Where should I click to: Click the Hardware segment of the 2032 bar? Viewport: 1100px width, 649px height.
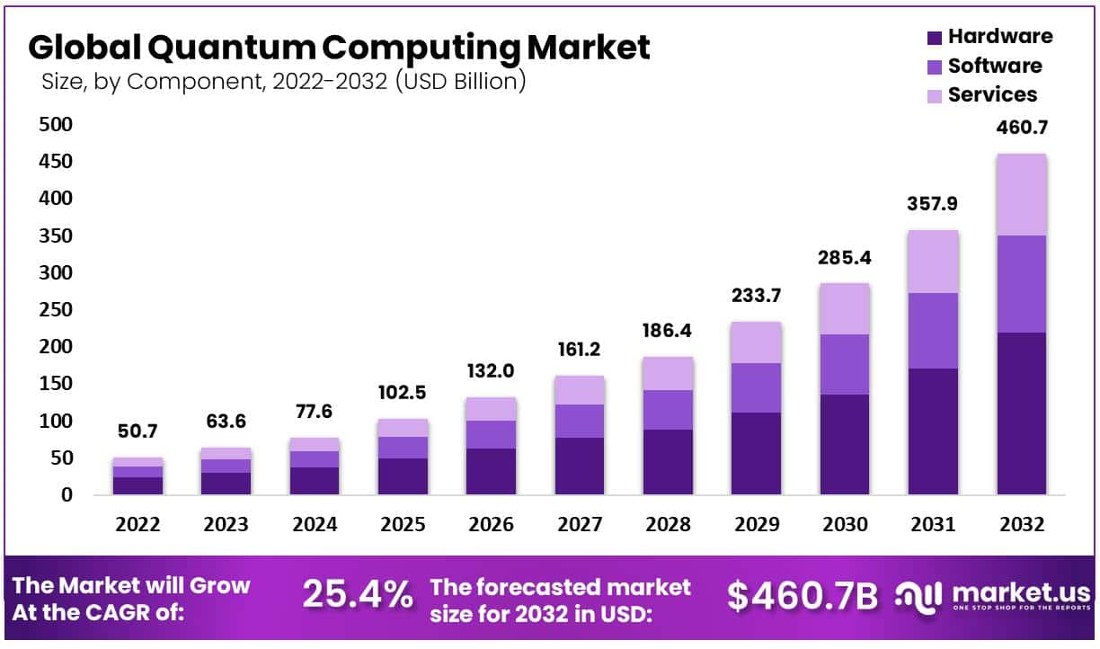[x=1021, y=413]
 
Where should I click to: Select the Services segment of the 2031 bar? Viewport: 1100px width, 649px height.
[x=933, y=262]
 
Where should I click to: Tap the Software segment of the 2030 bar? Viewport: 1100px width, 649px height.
[x=845, y=364]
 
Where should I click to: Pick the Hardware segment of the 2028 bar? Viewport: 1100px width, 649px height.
[x=668, y=462]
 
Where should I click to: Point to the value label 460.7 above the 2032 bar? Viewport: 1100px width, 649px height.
[x=1021, y=129]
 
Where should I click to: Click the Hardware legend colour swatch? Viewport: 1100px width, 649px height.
[x=934, y=38]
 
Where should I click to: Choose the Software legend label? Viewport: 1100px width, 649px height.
[x=995, y=66]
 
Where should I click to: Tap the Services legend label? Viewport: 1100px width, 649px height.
[x=992, y=94]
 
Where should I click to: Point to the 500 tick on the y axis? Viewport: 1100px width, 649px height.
[x=55, y=124]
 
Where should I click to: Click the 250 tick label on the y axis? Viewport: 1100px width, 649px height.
[x=55, y=309]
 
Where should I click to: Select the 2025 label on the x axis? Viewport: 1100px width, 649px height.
[x=403, y=525]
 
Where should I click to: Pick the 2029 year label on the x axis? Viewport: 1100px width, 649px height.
[x=756, y=525]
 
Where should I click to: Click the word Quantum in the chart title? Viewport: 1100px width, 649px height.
[x=236, y=47]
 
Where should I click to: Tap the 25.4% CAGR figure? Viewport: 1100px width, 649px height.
[x=358, y=594]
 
